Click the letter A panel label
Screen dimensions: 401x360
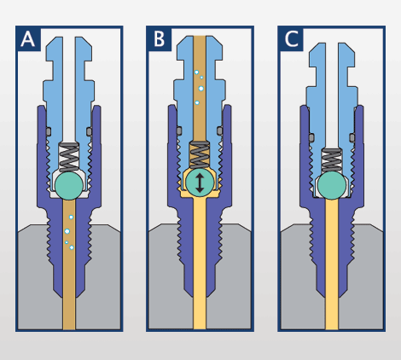[27, 39]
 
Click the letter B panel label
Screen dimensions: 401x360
[159, 39]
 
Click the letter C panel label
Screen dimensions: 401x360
[291, 39]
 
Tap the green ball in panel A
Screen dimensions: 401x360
[69, 185]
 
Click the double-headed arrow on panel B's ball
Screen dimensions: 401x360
[200, 183]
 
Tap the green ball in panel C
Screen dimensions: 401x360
[332, 185]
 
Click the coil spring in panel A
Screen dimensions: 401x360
[69, 157]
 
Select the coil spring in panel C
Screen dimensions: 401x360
[332, 160]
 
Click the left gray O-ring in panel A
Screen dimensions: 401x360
[49, 131]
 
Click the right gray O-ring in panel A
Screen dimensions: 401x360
[90, 131]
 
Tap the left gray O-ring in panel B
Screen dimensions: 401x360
[179, 131]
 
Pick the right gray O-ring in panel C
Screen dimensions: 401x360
[352, 137]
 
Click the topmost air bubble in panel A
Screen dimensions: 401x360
[71, 218]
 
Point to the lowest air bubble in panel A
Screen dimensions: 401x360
[72, 247]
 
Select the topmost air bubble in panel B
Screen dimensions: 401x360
[196, 73]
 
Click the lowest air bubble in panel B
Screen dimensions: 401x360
[197, 102]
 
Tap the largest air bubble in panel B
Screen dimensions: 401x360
[201, 89]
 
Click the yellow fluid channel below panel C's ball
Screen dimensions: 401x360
[332, 264]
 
